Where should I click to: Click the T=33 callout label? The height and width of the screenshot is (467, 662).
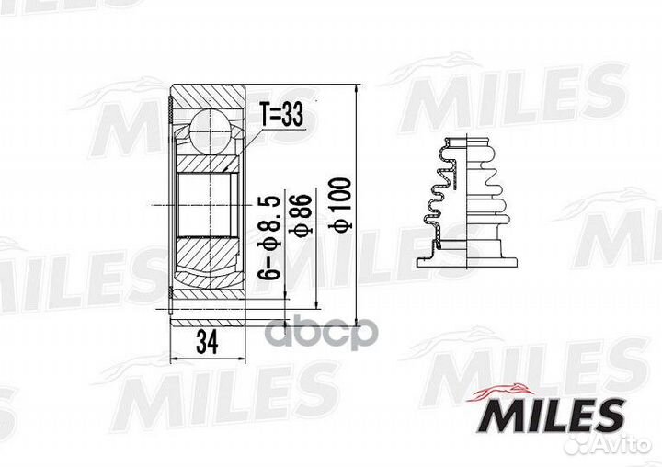[x=280, y=115]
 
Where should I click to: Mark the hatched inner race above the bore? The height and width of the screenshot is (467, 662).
[x=209, y=164]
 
